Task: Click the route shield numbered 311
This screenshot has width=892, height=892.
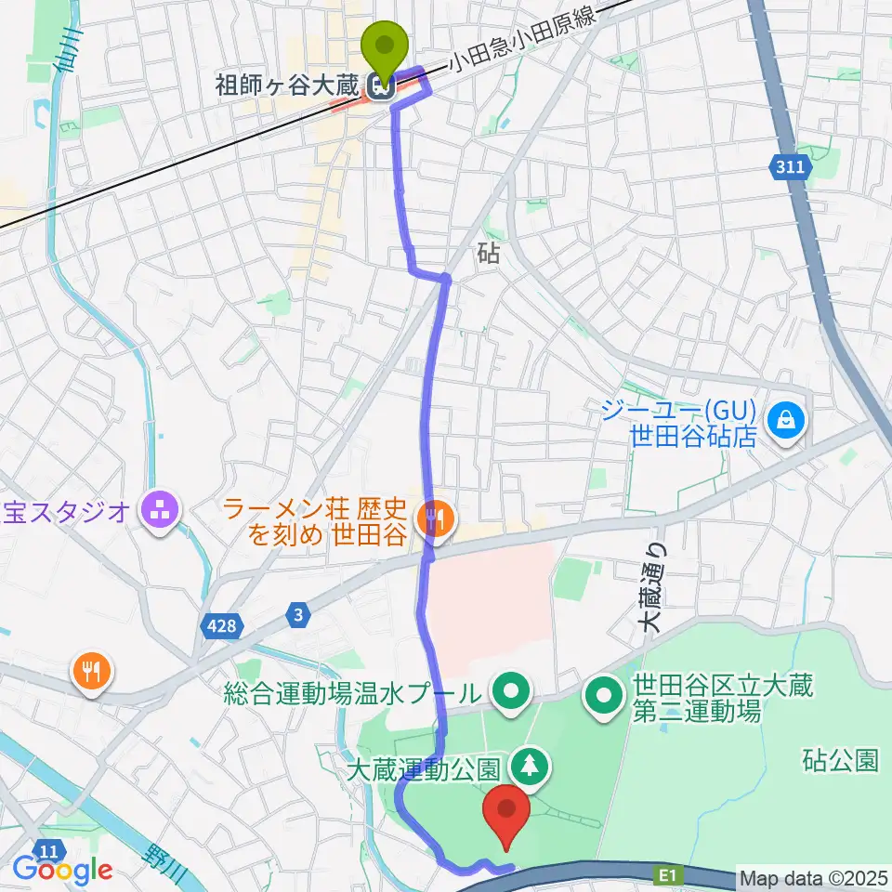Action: (x=792, y=168)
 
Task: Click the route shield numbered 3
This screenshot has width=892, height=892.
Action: (x=298, y=614)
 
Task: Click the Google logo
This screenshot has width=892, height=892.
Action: (x=62, y=870)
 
